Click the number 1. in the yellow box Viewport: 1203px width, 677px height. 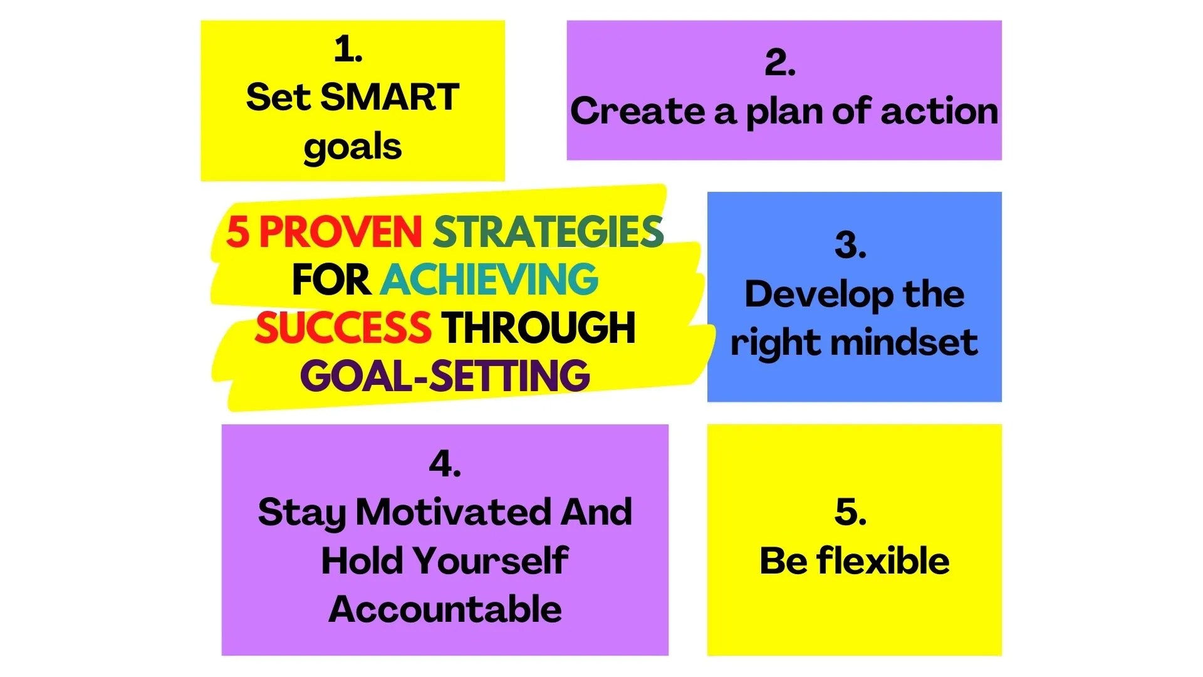click(348, 49)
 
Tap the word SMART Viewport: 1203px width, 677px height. click(389, 98)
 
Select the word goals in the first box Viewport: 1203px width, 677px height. click(352, 147)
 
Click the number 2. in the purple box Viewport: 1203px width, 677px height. click(780, 63)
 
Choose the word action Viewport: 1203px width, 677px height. click(939, 111)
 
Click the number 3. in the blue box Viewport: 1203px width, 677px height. click(850, 244)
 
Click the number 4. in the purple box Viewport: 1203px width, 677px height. click(445, 464)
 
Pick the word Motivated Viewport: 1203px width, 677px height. click(454, 512)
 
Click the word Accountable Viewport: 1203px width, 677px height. click(445, 609)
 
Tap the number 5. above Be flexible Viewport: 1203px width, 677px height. click(850, 512)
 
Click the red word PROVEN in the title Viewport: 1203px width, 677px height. click(340, 232)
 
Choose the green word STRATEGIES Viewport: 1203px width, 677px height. click(548, 232)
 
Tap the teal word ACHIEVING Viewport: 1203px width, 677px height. click(489, 280)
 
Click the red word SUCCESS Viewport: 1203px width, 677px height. click(343, 328)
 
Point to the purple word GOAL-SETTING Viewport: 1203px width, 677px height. click(445, 376)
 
